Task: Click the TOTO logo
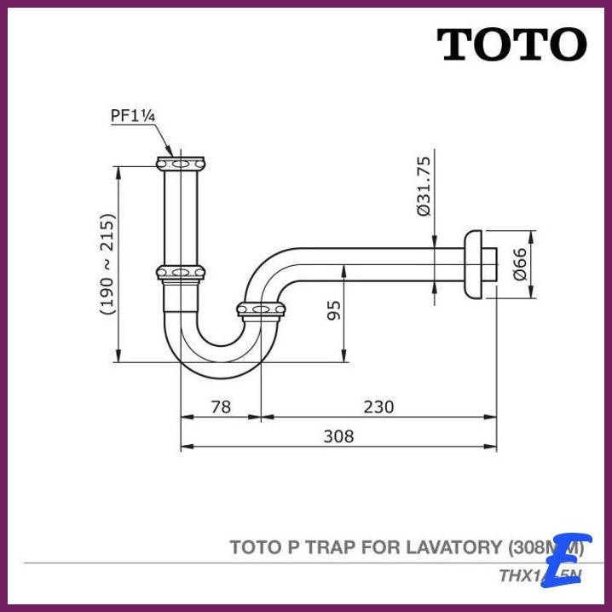tap(511, 44)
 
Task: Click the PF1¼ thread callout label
tap(132, 116)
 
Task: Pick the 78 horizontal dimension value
tap(221, 407)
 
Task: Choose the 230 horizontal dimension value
tap(378, 407)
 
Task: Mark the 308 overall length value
tap(338, 436)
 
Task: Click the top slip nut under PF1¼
tap(181, 161)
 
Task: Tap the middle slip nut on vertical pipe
tap(181, 273)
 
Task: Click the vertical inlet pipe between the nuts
tap(181, 217)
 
